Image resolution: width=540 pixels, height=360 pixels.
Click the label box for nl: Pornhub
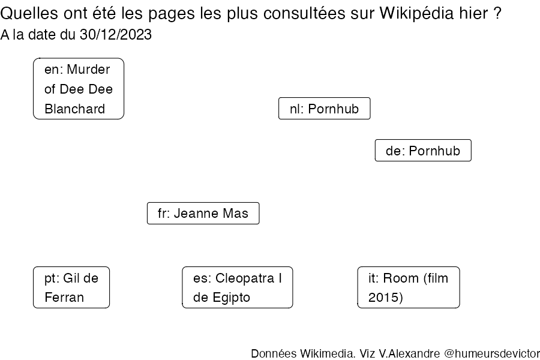click(325, 109)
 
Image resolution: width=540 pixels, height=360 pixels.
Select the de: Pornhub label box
click(423, 150)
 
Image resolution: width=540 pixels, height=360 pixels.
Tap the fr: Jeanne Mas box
click(203, 213)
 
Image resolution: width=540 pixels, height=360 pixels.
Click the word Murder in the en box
click(89, 69)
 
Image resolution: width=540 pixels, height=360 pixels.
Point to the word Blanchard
click(75, 109)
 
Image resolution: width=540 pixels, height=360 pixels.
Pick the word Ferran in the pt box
click(64, 298)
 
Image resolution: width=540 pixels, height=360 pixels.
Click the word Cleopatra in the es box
click(245, 278)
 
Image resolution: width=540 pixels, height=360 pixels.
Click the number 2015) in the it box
click(386, 298)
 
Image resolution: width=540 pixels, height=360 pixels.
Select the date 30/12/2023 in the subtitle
click(116, 34)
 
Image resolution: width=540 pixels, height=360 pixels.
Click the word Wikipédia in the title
click(417, 13)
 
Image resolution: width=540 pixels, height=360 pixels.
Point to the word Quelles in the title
click(29, 13)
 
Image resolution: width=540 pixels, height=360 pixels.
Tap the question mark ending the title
click(497, 13)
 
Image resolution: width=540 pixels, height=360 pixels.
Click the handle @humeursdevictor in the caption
click(492, 353)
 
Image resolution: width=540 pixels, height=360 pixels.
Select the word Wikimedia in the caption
click(328, 353)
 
